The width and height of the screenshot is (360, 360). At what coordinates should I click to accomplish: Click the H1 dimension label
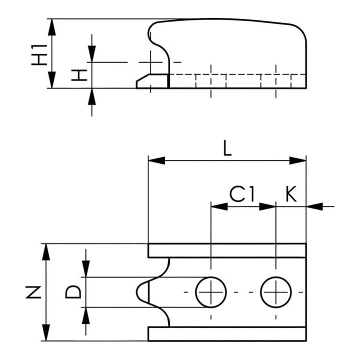point(39,55)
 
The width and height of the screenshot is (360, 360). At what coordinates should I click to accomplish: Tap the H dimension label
point(79,75)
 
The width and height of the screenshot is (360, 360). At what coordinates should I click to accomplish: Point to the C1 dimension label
point(242,194)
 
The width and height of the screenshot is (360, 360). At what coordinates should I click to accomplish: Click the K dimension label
point(291,194)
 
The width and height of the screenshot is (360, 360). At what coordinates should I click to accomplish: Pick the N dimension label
point(33,292)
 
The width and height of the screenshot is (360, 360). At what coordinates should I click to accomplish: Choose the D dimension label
point(73,292)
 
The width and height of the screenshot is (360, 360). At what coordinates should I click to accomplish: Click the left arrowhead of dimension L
point(156,160)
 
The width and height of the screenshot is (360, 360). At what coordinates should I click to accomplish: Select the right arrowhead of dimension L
point(298,160)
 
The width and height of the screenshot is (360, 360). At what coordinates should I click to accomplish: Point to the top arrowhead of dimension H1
point(52,27)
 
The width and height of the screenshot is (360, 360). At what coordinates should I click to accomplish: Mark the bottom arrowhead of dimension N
point(46,332)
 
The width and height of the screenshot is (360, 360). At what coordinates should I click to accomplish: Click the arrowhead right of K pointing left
point(314,206)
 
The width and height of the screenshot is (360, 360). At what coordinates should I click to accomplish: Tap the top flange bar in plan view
point(227,250)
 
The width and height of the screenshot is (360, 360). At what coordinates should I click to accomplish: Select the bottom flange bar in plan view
point(227,334)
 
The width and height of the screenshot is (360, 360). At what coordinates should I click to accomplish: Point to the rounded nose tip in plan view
point(137,292)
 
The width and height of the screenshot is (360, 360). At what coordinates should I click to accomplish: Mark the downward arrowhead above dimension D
point(86,268)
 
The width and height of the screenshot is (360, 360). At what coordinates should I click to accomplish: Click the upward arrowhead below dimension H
point(92,96)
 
